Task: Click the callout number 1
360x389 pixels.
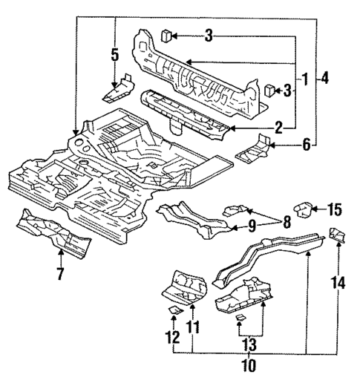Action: click(x=305, y=77)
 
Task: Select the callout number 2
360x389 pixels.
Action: click(x=278, y=128)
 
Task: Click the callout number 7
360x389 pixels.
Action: click(x=61, y=275)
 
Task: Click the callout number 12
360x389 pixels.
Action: click(x=173, y=338)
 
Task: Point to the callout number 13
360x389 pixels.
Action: click(x=249, y=344)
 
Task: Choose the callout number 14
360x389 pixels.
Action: click(x=339, y=282)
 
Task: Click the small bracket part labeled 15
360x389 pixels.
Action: click(x=304, y=208)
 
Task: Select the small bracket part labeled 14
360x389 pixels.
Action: click(x=336, y=234)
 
